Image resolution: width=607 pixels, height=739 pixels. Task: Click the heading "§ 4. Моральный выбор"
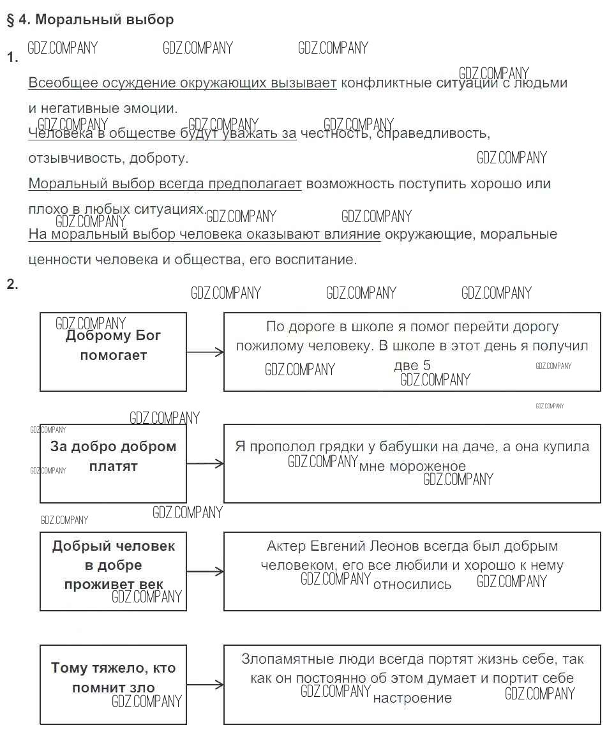90,20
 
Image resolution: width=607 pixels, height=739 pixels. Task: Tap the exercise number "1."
12,58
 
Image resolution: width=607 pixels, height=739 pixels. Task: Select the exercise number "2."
12,285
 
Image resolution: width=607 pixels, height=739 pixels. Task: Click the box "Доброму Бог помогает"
113,351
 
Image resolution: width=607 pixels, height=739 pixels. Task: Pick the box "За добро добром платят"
113,463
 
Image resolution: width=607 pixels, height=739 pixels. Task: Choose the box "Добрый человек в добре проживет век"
113,572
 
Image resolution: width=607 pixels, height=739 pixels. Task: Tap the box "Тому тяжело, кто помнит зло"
113,684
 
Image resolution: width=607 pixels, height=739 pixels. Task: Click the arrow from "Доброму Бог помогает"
205,352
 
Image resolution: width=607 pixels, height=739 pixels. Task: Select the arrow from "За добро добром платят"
205,463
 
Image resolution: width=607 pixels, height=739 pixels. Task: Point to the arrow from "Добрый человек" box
205,572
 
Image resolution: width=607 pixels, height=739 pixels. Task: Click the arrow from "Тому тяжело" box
205,685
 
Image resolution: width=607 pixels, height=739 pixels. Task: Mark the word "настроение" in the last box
412,698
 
